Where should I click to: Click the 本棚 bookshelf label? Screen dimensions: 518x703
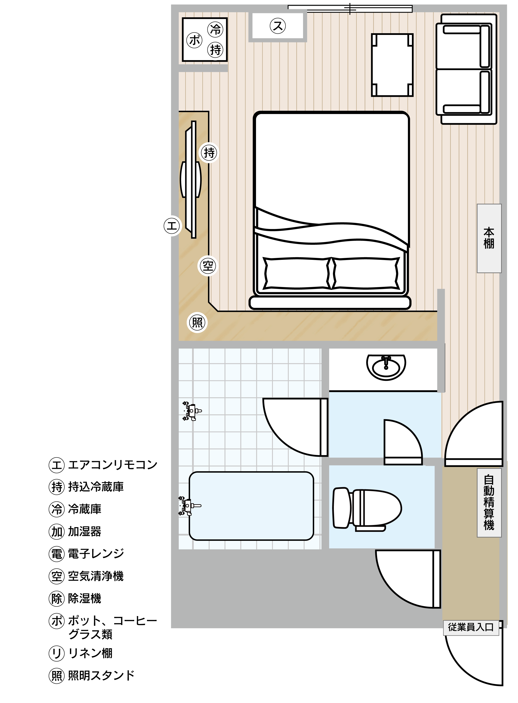[x=489, y=238]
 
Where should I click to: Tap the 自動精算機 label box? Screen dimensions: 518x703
[x=489, y=503]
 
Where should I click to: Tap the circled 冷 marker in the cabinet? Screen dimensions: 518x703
[x=215, y=30]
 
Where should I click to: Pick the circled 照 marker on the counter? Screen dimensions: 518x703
[x=197, y=322]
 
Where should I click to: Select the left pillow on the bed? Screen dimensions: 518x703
[x=297, y=273]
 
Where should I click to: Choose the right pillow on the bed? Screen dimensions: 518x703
[x=366, y=273]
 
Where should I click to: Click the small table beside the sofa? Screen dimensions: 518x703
[x=392, y=65]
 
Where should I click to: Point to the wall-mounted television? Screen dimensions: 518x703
[x=191, y=179]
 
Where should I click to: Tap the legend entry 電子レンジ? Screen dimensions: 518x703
[x=87, y=553]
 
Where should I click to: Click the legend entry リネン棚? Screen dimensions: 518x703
[x=81, y=653]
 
